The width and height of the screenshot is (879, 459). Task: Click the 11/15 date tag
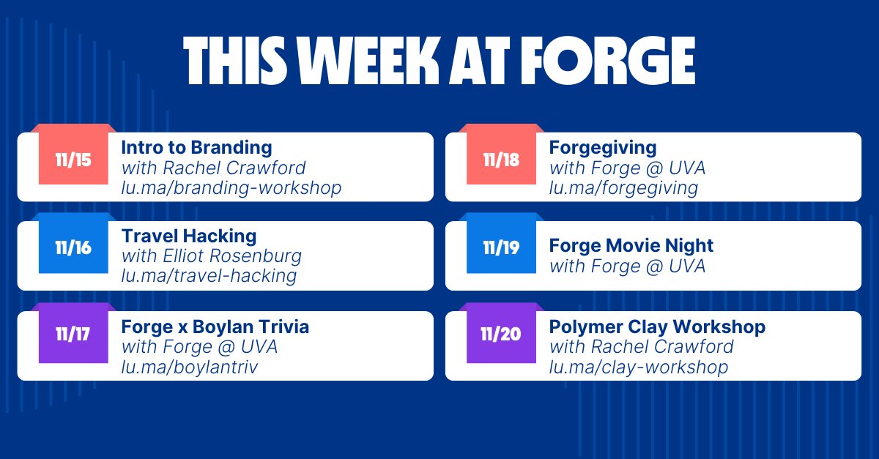click(73, 160)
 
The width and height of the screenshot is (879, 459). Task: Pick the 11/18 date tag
click(501, 160)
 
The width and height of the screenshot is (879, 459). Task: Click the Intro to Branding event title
click(196, 147)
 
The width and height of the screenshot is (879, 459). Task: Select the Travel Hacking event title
click(189, 236)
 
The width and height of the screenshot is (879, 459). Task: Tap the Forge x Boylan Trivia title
click(215, 326)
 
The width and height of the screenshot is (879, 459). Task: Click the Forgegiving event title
click(603, 147)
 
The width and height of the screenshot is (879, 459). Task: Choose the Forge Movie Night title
click(631, 245)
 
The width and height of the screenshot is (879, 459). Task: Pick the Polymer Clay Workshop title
click(657, 326)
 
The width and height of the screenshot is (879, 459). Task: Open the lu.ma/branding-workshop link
click(231, 188)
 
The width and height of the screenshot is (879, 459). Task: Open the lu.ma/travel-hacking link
click(209, 276)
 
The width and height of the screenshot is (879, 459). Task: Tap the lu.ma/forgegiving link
click(623, 188)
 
